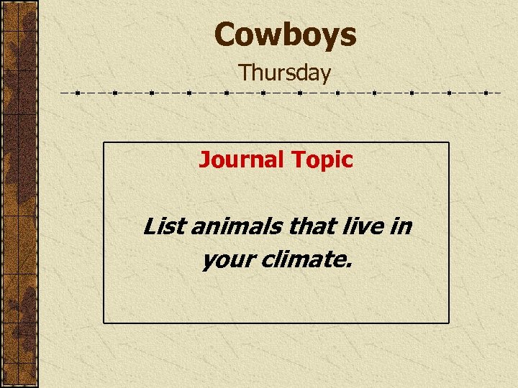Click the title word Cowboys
[285, 34]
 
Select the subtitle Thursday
[285, 73]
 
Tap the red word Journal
[242, 160]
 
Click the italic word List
[159, 227]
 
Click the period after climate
[350, 266]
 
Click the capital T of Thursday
[245, 73]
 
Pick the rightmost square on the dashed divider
[486, 93]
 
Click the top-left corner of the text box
[104, 142]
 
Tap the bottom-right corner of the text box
[449, 323]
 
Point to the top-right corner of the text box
[449, 142]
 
